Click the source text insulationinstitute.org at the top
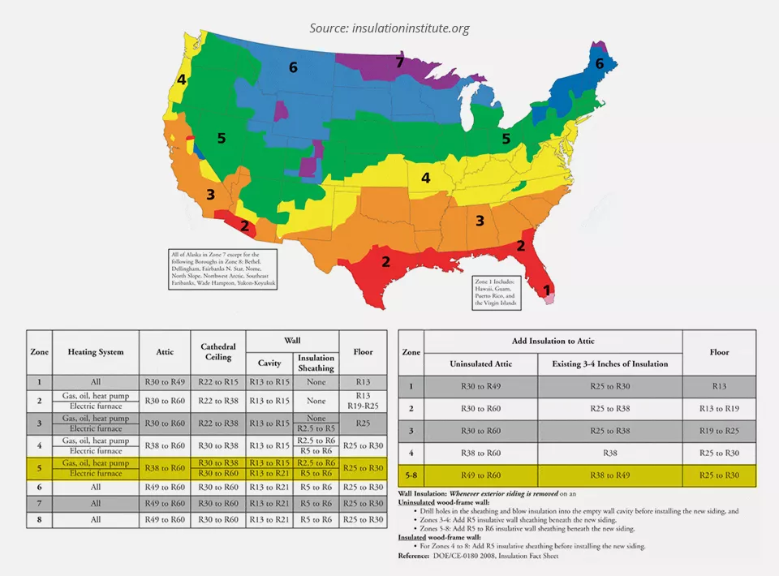point(389,28)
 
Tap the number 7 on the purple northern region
point(399,62)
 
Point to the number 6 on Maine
point(600,63)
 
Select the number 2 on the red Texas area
point(386,261)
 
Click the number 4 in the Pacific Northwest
point(182,80)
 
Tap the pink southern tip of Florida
point(549,299)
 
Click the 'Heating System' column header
point(96,352)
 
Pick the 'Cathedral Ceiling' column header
point(217,351)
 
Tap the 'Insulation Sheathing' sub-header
point(316,363)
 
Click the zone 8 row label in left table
point(39,519)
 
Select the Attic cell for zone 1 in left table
point(165,381)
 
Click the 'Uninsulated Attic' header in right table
point(480,363)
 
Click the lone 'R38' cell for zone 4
point(610,453)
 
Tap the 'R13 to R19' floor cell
point(719,408)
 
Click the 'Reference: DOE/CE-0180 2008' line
point(478,557)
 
